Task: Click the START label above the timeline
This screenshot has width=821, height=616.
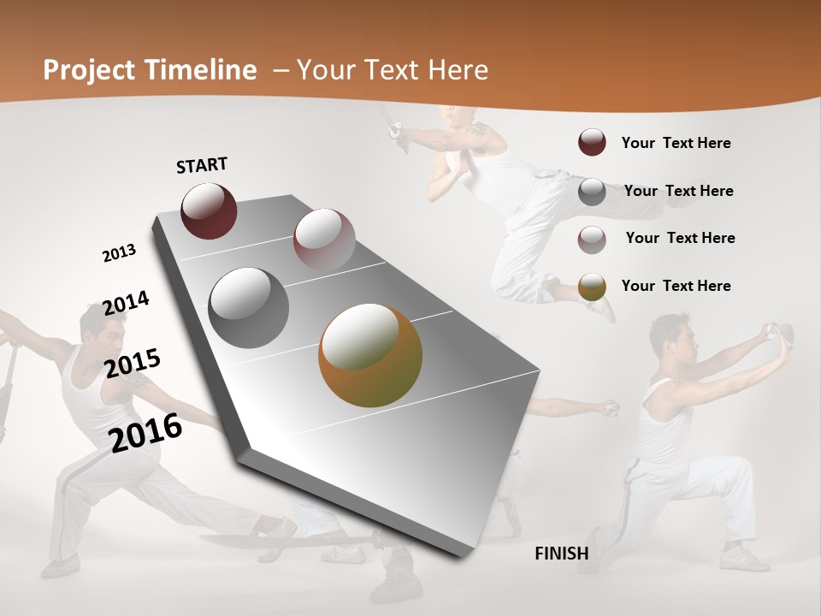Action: tap(202, 165)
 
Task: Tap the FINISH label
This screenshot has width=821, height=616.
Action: tap(562, 554)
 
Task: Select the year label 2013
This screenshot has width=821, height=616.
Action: tap(119, 253)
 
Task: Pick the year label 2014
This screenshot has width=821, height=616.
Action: tap(126, 304)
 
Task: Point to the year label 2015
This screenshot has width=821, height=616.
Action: tap(133, 363)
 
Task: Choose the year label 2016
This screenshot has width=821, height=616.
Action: tap(145, 431)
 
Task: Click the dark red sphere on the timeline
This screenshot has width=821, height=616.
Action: tap(209, 210)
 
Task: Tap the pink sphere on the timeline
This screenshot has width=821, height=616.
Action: tap(324, 239)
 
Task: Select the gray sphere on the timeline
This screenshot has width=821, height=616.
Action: tap(249, 308)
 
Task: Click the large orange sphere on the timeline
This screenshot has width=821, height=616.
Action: tap(370, 355)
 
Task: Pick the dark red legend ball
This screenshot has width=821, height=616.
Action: tap(592, 143)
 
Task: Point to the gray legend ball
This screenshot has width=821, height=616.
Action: tap(592, 192)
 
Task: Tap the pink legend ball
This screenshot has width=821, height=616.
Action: tap(592, 239)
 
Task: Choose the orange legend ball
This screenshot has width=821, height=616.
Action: tap(592, 287)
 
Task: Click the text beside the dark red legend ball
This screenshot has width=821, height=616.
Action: tap(676, 143)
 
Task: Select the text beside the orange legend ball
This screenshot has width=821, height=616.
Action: tap(676, 286)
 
